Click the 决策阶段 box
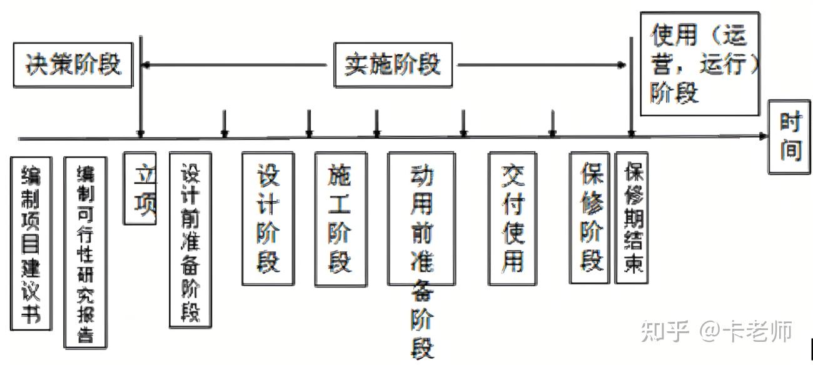click(73, 65)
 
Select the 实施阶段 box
click(392, 65)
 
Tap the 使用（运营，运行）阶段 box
click(700, 64)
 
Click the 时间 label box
click(790, 137)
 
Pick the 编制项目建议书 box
click(31, 243)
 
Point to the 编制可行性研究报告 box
click(86, 252)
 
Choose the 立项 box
click(139, 187)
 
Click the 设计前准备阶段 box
click(190, 239)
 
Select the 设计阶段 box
click(268, 218)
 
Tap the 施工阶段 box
click(340, 219)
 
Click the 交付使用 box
click(512, 218)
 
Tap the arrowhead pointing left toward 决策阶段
click(147, 64)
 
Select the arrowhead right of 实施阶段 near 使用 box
click(622, 64)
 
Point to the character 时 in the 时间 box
click(790, 123)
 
